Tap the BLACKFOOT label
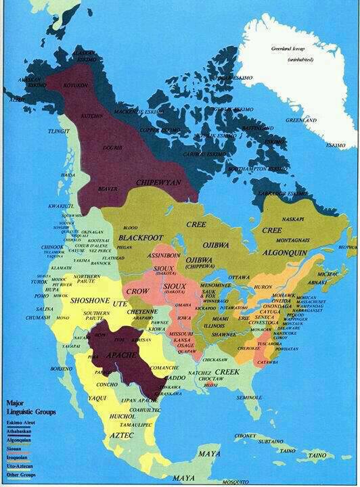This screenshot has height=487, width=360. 141,238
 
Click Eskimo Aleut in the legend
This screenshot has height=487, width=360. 21,422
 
